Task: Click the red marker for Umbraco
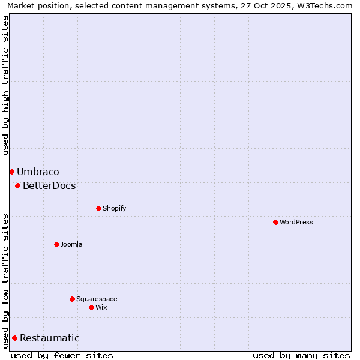click(11, 172)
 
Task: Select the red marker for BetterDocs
click(18, 186)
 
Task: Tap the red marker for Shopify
click(99, 209)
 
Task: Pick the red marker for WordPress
click(275, 223)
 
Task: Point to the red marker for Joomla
click(57, 245)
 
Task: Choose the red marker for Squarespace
click(73, 299)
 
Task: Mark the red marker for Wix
click(92, 307)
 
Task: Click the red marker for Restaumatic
click(14, 338)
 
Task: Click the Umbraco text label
click(38, 172)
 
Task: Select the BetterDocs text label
click(49, 186)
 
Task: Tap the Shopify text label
click(114, 209)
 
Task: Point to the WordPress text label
click(296, 223)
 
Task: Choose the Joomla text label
click(71, 245)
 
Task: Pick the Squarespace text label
click(97, 299)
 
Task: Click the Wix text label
click(101, 307)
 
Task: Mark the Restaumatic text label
click(49, 338)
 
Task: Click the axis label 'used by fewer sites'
click(62, 355)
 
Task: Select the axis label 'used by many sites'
click(301, 355)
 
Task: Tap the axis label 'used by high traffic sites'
click(6, 85)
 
